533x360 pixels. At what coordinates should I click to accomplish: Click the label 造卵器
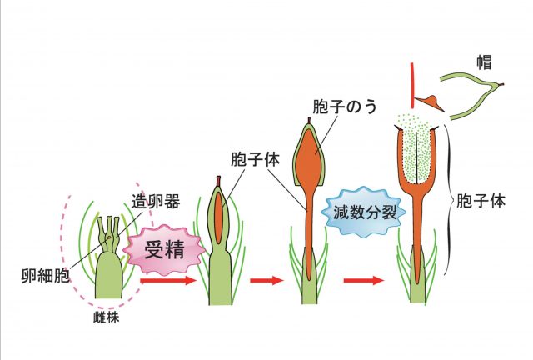coord(149,200)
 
